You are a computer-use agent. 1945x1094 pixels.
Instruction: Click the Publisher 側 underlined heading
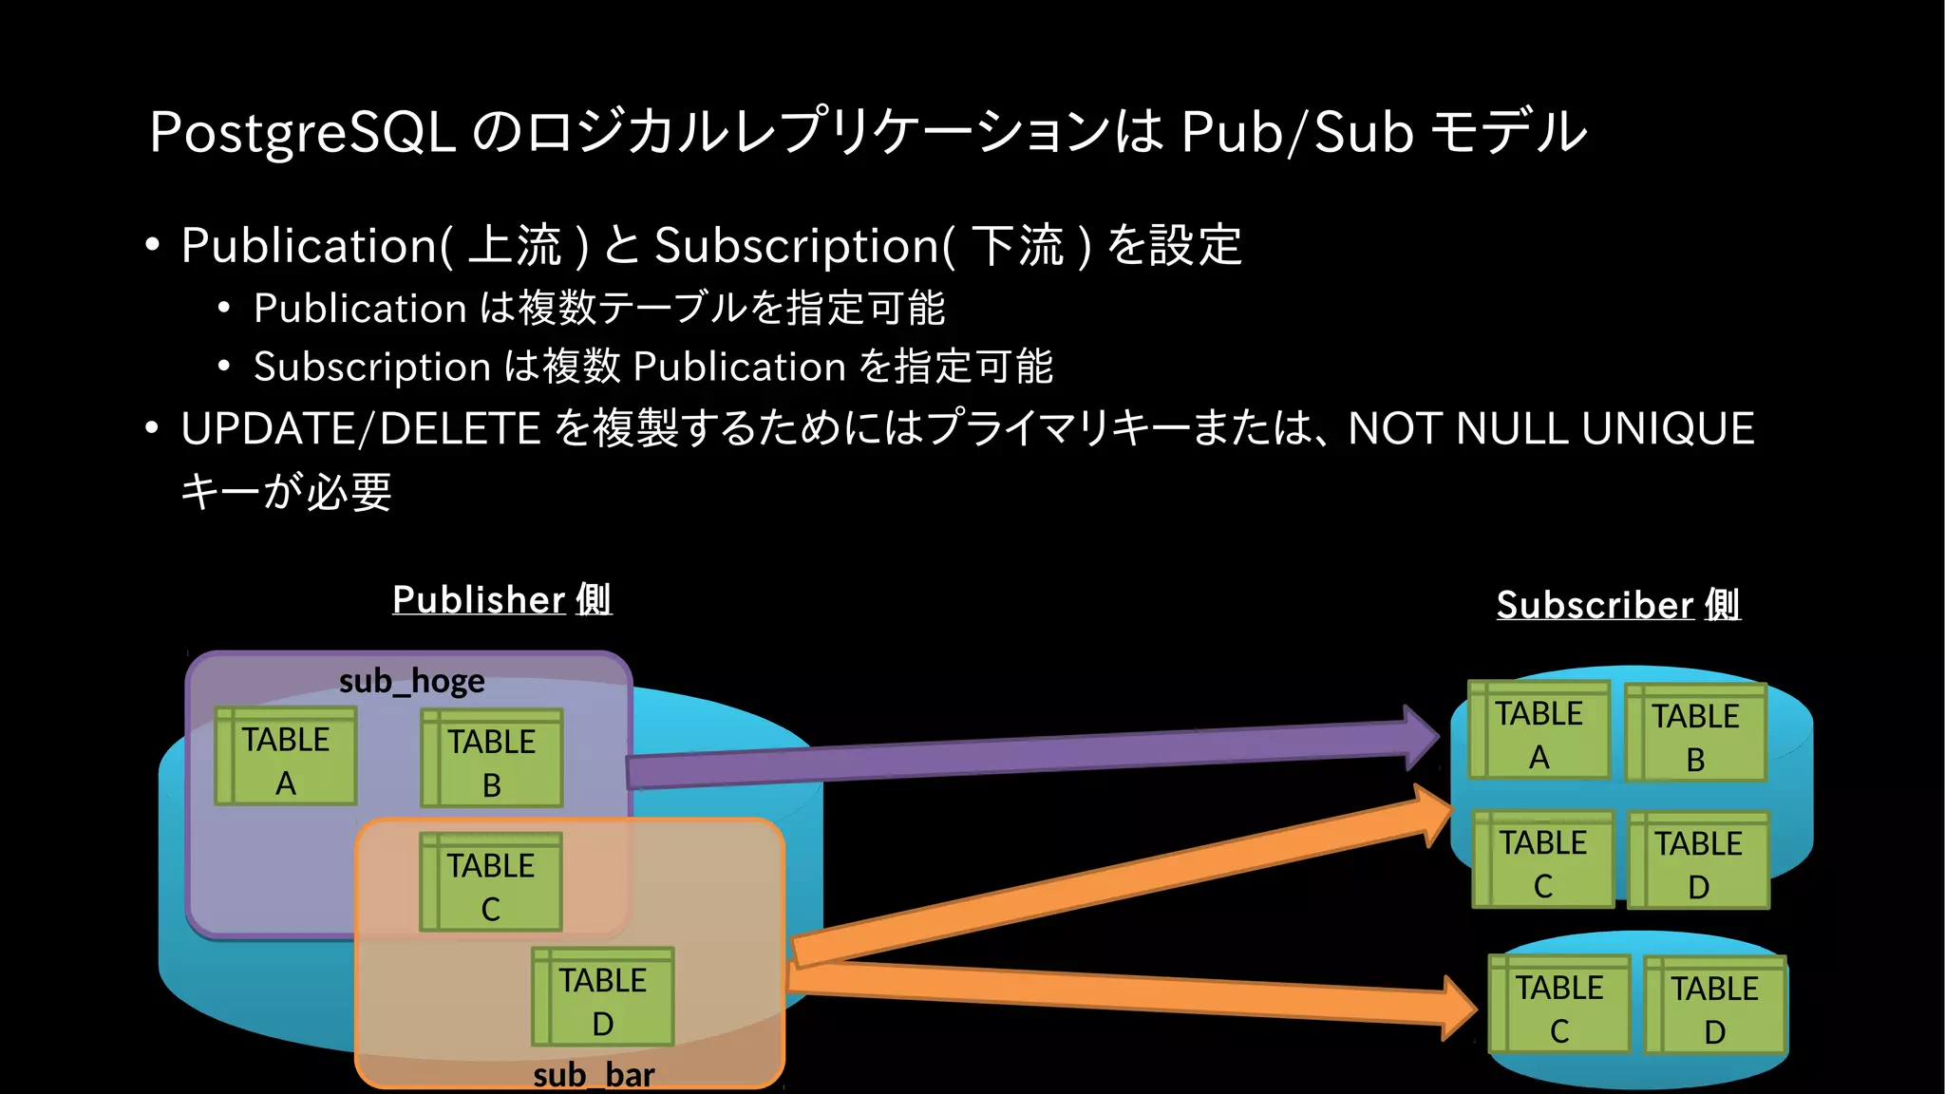(501, 600)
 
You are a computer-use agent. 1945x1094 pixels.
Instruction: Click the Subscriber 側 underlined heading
(1617, 605)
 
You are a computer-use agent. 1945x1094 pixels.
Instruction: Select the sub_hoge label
(411, 681)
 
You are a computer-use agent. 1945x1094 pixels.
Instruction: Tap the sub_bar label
(594, 1075)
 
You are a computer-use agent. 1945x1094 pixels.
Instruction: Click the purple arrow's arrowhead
(1422, 737)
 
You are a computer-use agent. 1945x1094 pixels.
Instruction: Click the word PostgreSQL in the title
(302, 132)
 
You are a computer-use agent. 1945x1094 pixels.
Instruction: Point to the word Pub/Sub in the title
(1297, 132)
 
